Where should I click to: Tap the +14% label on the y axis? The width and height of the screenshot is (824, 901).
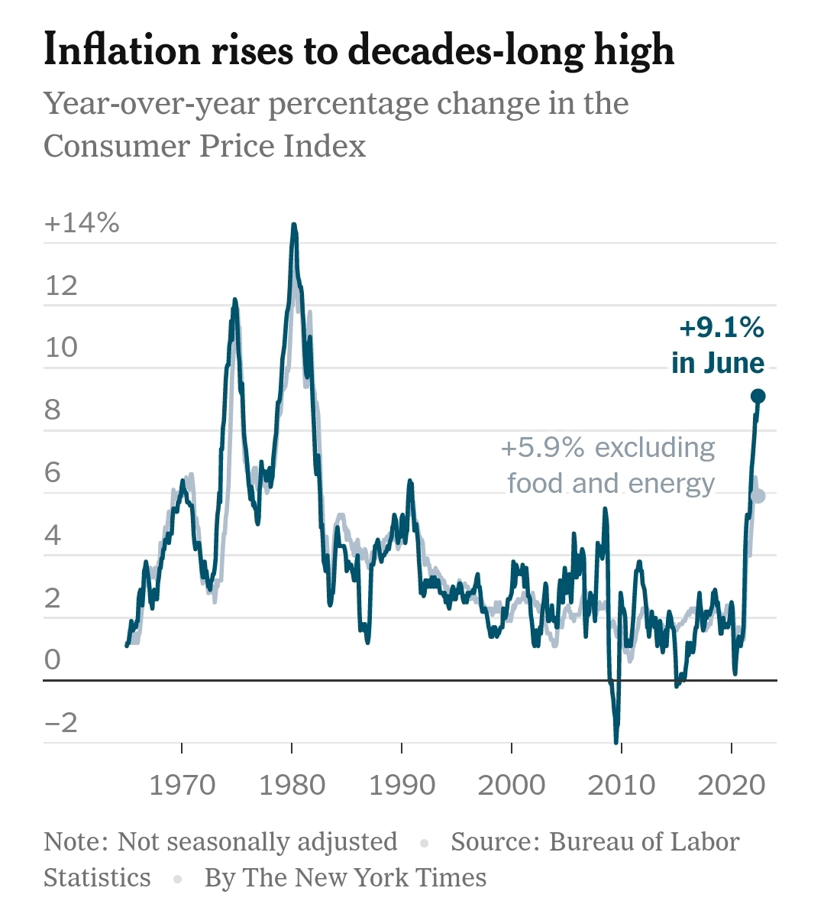pos(82,223)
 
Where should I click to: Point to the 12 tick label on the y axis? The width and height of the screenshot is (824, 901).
pos(62,286)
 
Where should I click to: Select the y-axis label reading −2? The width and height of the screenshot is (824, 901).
pos(61,723)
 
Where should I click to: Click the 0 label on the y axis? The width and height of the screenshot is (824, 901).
pos(52,660)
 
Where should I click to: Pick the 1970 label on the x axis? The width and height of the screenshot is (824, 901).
pos(182,785)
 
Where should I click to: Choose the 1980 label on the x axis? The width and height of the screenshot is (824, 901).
pos(292,785)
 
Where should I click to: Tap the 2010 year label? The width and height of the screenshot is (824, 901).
pos(622,785)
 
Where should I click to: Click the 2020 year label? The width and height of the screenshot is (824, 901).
pos(732,785)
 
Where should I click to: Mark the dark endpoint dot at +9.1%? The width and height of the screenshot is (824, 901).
pos(758,396)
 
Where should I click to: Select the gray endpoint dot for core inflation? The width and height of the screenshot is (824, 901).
pos(758,496)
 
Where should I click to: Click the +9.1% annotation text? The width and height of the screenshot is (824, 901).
pos(721,328)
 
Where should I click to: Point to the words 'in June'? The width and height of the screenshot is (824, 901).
pos(718,362)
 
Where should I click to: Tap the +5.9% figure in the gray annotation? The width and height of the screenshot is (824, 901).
pos(542,448)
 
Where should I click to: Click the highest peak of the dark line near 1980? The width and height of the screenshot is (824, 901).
pos(293,225)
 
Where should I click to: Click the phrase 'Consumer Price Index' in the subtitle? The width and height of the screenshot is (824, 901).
pos(205,145)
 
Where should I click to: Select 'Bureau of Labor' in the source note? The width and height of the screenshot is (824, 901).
pos(644,841)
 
